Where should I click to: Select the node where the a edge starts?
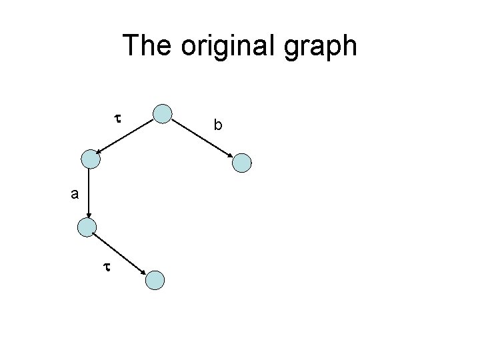pyautogui.click(x=89, y=159)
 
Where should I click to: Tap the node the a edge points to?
pyautogui.click(x=87, y=227)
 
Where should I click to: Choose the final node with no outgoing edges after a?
pyautogui.click(x=155, y=280)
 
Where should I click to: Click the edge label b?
pyautogui.click(x=217, y=124)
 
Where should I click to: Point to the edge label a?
pyautogui.click(x=76, y=194)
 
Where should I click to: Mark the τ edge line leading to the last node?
pyautogui.click(x=120, y=253)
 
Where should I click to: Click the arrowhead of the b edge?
pyautogui.click(x=230, y=155)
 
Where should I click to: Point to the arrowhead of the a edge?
pyautogui.click(x=88, y=214)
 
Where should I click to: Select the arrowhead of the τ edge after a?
pyautogui.click(x=143, y=271)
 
